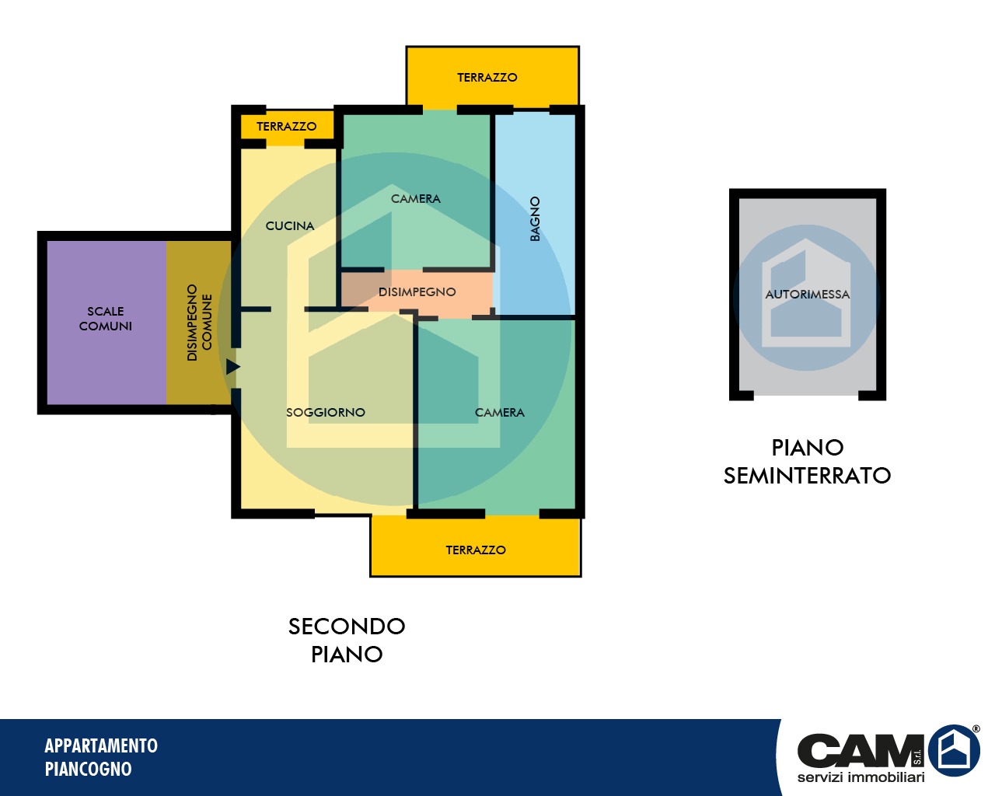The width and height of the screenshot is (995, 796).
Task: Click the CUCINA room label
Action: click(x=290, y=225)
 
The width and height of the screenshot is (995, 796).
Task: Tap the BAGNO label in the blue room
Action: click(x=535, y=218)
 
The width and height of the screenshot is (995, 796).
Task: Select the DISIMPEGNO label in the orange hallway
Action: click(x=417, y=292)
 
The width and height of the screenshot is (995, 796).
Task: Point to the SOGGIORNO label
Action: click(x=326, y=412)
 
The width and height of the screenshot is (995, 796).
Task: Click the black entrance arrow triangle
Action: click(x=232, y=367)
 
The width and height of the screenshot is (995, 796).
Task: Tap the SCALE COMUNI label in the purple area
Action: click(x=106, y=319)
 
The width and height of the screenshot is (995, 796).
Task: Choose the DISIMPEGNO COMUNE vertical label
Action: click(x=199, y=323)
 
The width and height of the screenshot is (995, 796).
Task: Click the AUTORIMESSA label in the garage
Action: click(x=808, y=294)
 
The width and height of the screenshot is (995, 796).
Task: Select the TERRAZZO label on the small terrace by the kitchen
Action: click(x=287, y=126)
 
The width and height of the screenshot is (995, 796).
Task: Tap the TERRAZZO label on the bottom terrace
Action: click(x=476, y=550)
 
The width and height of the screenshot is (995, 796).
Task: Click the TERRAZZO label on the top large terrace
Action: click(x=487, y=77)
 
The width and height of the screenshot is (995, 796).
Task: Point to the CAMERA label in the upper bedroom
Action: click(x=416, y=198)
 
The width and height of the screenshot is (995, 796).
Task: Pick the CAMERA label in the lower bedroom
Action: click(x=500, y=412)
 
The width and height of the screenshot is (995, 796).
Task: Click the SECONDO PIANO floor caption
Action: click(x=347, y=640)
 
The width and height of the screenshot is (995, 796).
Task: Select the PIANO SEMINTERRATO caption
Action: click(x=808, y=462)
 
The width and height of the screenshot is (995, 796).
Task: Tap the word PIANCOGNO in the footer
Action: click(x=89, y=769)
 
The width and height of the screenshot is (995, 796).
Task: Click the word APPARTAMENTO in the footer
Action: click(x=101, y=746)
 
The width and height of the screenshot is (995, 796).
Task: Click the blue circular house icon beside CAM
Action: click(x=954, y=750)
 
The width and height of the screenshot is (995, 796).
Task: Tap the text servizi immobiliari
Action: click(x=861, y=777)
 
